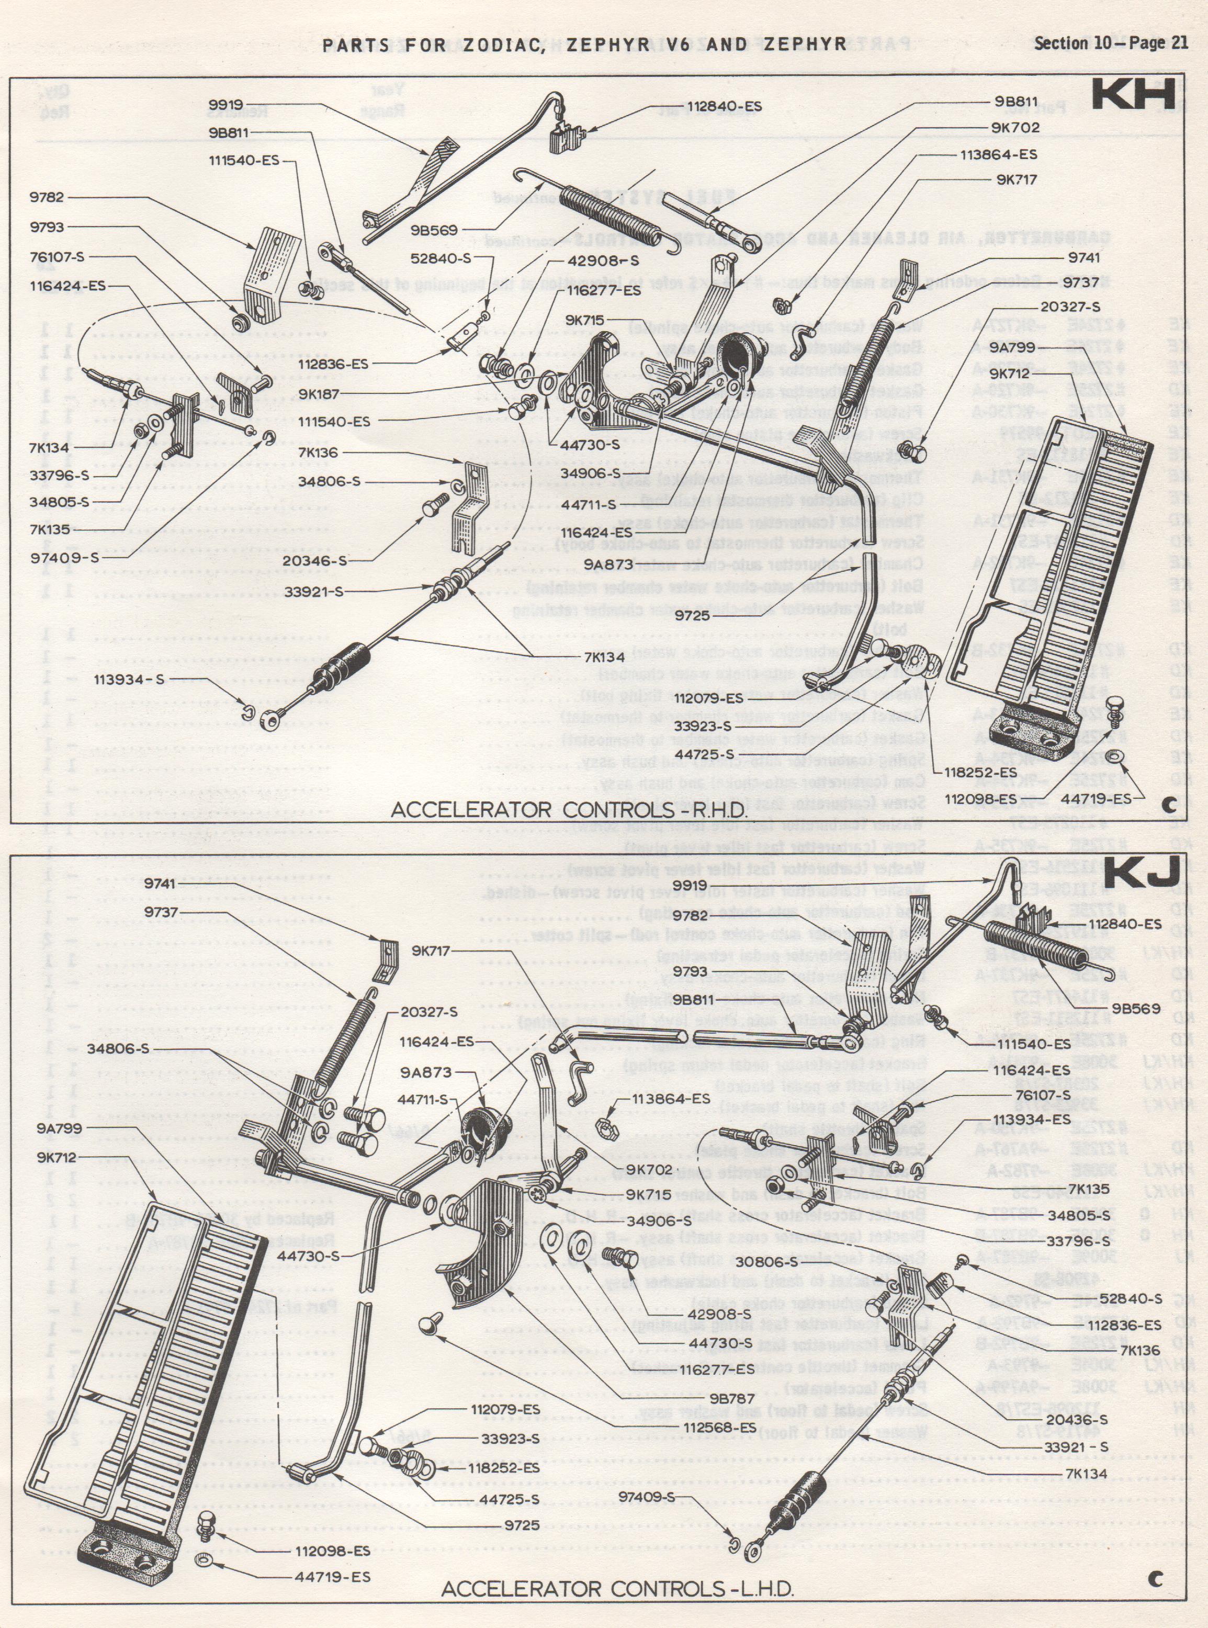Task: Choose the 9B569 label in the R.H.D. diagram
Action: point(434,230)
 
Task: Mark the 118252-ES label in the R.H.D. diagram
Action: point(980,772)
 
